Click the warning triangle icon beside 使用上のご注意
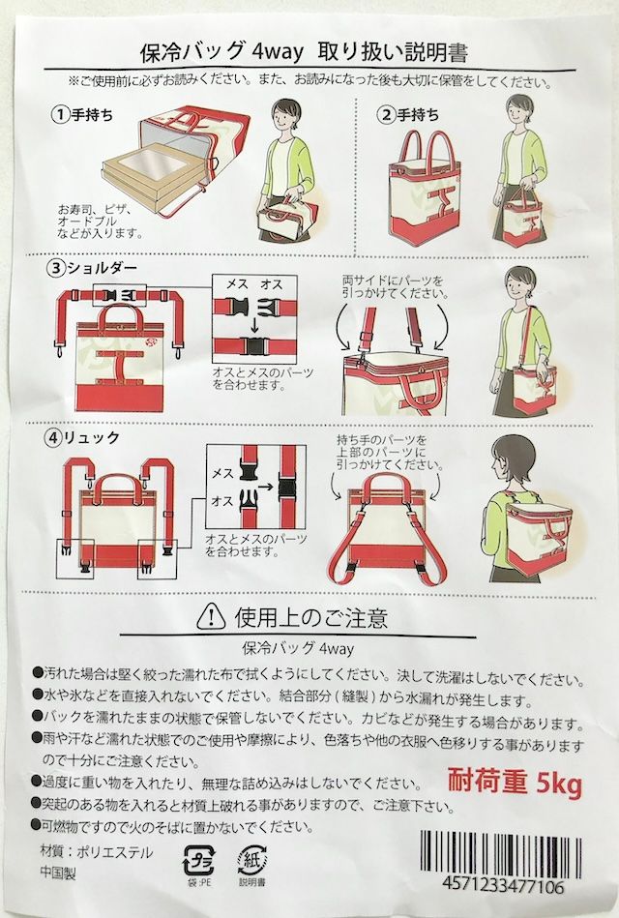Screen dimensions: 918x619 [211, 613]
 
